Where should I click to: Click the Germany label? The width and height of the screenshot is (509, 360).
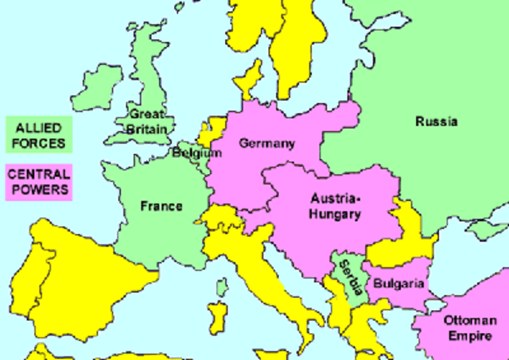(266, 144)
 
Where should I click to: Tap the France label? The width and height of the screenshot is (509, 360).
(161, 207)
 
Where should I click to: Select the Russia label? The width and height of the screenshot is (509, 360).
(437, 122)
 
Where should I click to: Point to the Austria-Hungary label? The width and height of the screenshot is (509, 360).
(335, 206)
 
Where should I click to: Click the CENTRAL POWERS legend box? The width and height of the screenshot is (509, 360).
(38, 183)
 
